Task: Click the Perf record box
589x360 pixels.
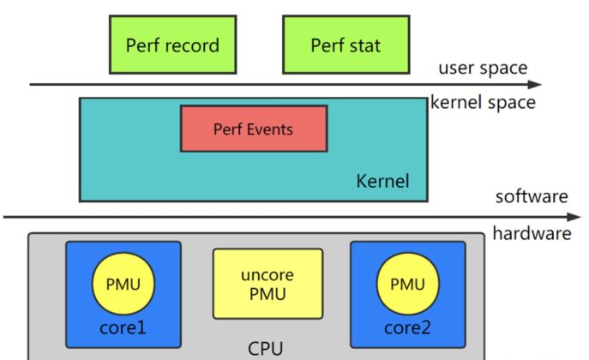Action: (172, 45)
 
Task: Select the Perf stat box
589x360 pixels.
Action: (346, 45)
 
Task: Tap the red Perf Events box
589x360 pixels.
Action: (253, 129)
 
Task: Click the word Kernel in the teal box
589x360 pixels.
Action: (382, 181)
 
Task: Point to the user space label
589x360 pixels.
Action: (483, 69)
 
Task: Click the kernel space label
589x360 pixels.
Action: (483, 103)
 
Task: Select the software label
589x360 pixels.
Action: (532, 197)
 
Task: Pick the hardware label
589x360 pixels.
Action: (532, 233)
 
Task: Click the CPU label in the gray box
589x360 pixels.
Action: (265, 348)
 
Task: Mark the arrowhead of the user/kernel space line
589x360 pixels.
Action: (536, 84)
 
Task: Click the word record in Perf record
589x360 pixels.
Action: (193, 45)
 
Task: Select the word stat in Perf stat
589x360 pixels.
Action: (364, 45)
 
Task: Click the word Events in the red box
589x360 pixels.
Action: (267, 129)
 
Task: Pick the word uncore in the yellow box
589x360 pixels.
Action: (267, 274)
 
